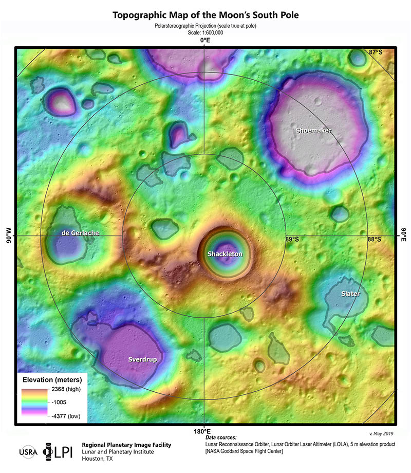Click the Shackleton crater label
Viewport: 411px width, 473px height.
(x=225, y=254)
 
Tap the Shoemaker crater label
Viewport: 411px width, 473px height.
(x=313, y=131)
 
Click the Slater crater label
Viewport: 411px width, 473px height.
(x=350, y=294)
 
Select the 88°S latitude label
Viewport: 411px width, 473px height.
(x=374, y=239)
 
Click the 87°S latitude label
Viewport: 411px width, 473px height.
(x=376, y=52)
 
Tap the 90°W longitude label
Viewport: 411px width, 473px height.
(x=9, y=236)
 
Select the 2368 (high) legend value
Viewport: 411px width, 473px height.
(x=65, y=389)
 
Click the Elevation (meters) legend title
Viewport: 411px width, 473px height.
(x=51, y=379)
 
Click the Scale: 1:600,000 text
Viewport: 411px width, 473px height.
(x=205, y=31)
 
